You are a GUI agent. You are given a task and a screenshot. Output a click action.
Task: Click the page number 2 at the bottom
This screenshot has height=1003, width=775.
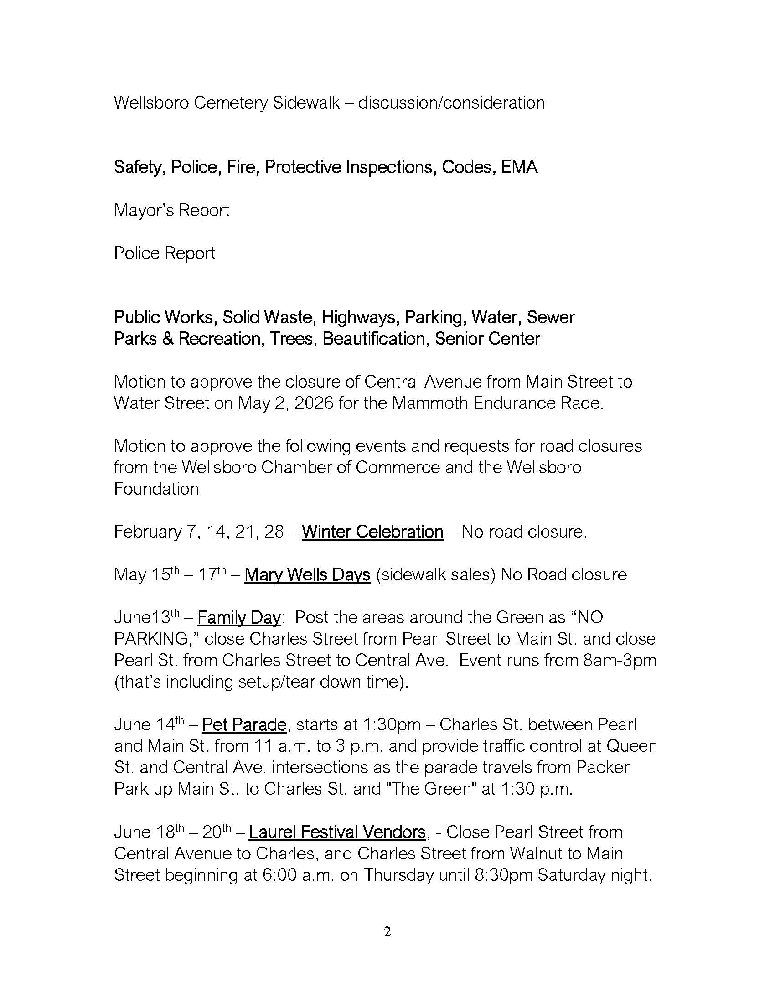(387, 932)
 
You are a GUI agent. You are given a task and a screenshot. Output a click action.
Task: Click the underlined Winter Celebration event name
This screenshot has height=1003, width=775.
(372, 532)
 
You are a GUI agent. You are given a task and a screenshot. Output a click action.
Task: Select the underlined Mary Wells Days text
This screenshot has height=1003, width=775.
(307, 574)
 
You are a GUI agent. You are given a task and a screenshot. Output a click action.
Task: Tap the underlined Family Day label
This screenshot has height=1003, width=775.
(239, 618)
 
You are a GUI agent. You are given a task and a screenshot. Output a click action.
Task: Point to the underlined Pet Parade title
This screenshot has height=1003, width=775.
(244, 725)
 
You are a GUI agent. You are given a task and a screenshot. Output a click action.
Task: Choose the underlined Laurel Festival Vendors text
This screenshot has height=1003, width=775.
(337, 832)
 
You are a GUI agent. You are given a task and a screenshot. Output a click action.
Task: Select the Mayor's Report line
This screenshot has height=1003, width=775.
(172, 210)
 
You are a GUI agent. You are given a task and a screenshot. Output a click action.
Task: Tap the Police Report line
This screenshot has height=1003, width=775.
(165, 253)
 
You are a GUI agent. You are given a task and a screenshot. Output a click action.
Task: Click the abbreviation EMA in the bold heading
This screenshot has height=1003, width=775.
(519, 167)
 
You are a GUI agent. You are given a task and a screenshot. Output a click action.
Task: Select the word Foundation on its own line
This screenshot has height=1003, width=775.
(156, 489)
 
